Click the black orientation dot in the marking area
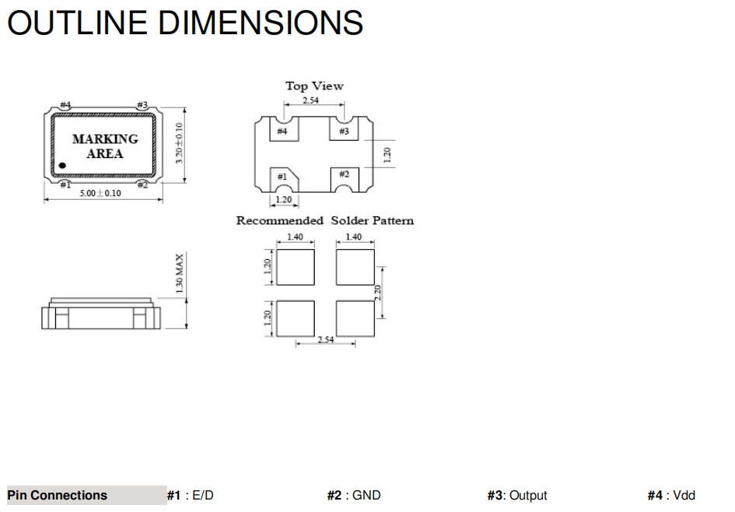(x=62, y=166)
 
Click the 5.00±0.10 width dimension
(x=100, y=193)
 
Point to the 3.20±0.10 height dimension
(x=179, y=143)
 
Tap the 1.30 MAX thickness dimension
(x=179, y=273)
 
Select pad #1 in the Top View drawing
(x=284, y=180)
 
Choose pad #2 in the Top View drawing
(x=345, y=180)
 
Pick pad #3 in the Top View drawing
(x=344, y=128)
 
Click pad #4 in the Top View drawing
(x=284, y=128)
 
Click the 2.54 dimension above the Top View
(x=310, y=100)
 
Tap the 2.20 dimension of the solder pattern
(x=378, y=293)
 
